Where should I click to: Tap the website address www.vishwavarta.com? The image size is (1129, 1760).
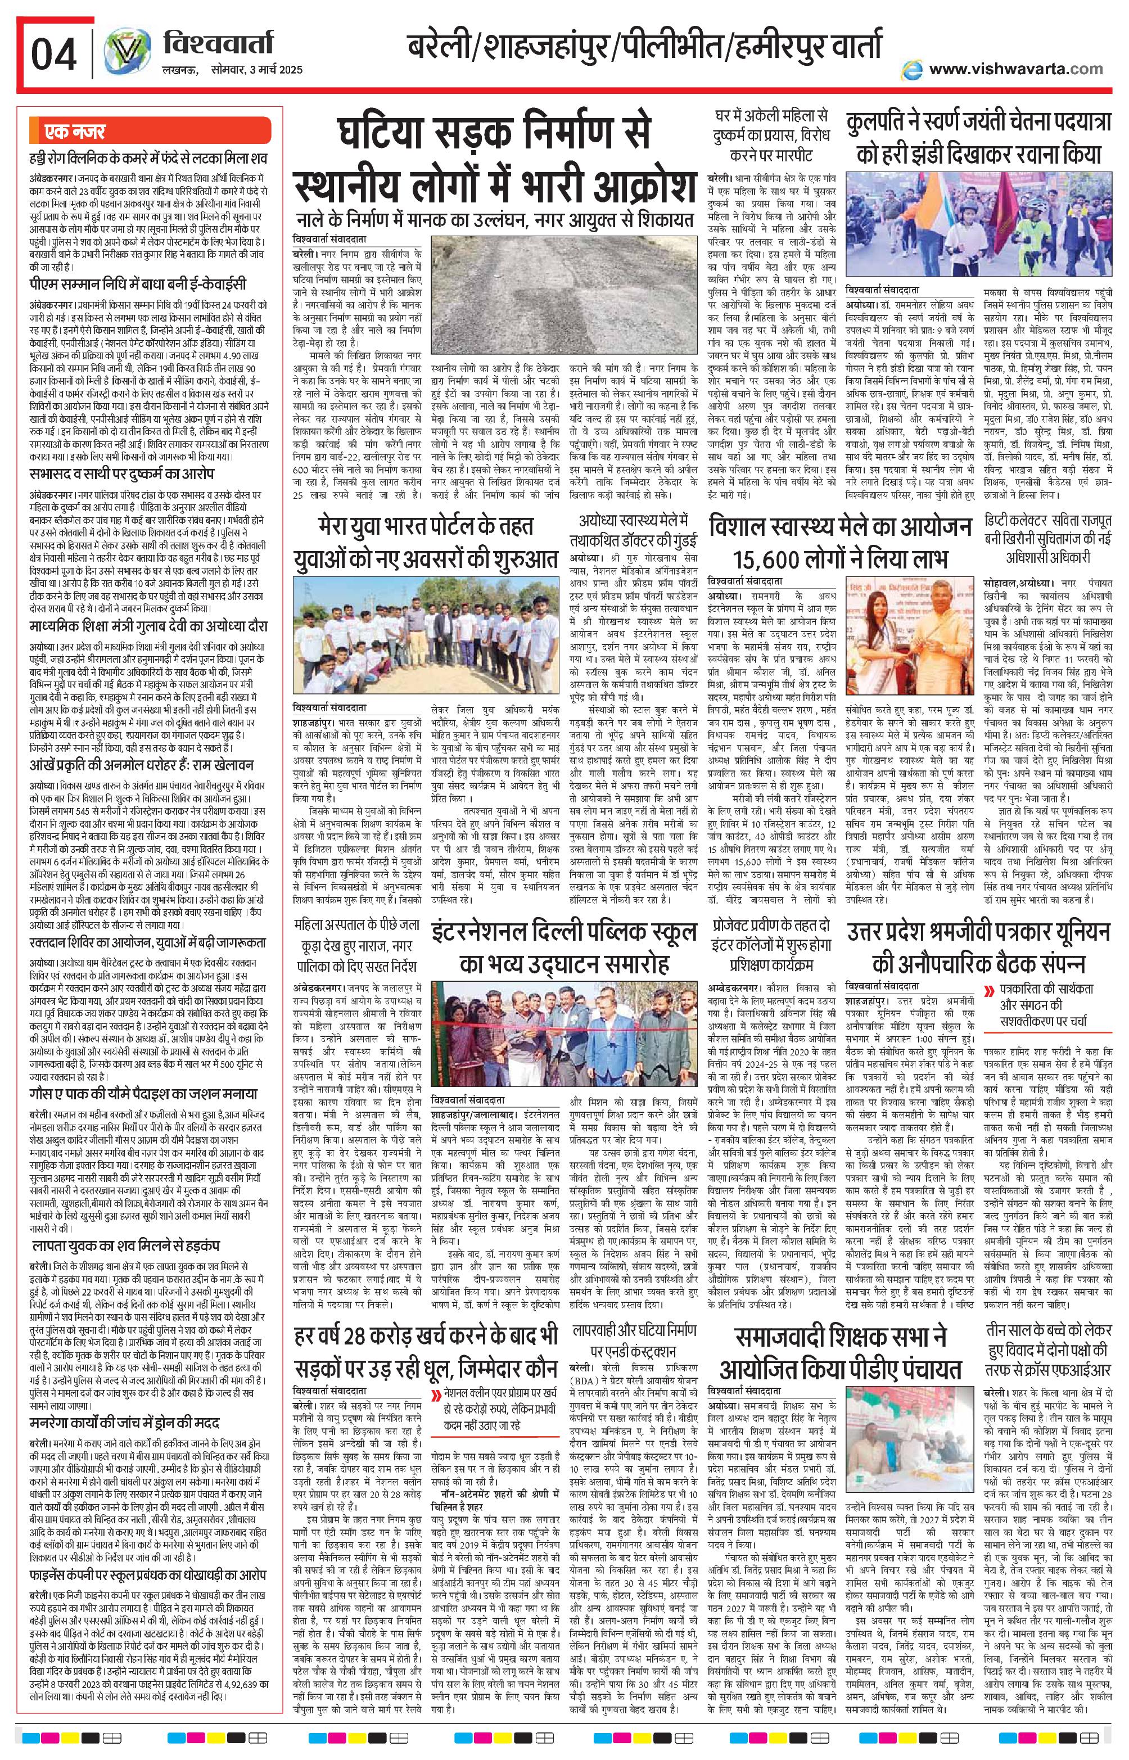[1015, 69]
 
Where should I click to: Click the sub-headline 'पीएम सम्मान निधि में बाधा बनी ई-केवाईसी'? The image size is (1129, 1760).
[139, 285]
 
